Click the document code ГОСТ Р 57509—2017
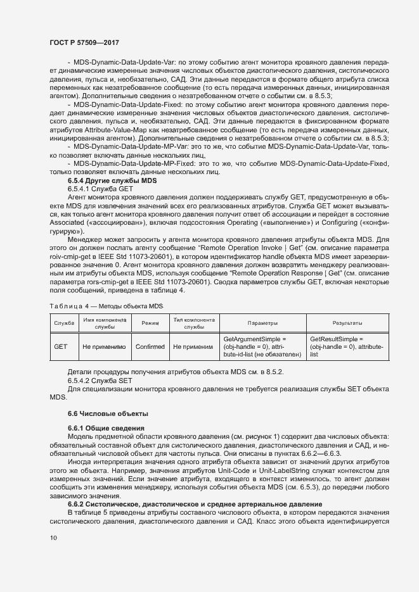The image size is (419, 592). (x=85, y=42)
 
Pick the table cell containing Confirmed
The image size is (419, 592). (x=150, y=347)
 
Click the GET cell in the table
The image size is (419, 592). (x=61, y=347)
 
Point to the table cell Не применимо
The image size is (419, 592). (x=104, y=347)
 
